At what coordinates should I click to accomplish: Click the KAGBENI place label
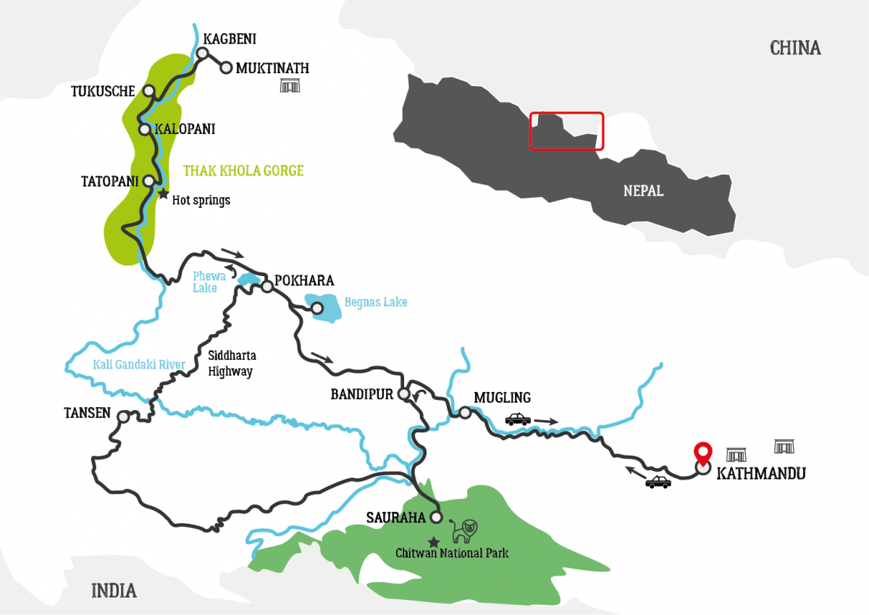coord(230,39)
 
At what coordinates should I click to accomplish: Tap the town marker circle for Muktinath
coord(225,68)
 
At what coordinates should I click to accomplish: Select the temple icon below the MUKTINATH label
coord(290,87)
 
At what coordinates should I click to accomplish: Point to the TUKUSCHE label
coord(103,91)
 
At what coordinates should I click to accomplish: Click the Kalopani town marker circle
coord(144,130)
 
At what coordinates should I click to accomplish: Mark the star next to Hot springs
coord(164,194)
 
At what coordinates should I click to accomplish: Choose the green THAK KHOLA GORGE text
coord(243,171)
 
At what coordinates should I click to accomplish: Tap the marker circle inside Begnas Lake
coord(316,308)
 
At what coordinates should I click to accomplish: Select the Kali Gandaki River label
coord(139,364)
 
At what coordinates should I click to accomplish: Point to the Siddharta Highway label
coord(232,364)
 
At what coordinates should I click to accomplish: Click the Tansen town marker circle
coord(123,417)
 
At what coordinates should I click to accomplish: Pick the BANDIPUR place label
coord(361,395)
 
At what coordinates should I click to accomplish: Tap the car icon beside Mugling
coord(517,419)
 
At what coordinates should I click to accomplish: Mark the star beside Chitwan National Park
coord(433,542)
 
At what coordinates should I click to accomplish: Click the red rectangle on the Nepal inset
coord(566,131)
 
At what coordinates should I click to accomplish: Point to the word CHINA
coord(795,49)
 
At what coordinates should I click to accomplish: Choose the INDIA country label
coord(114,590)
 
